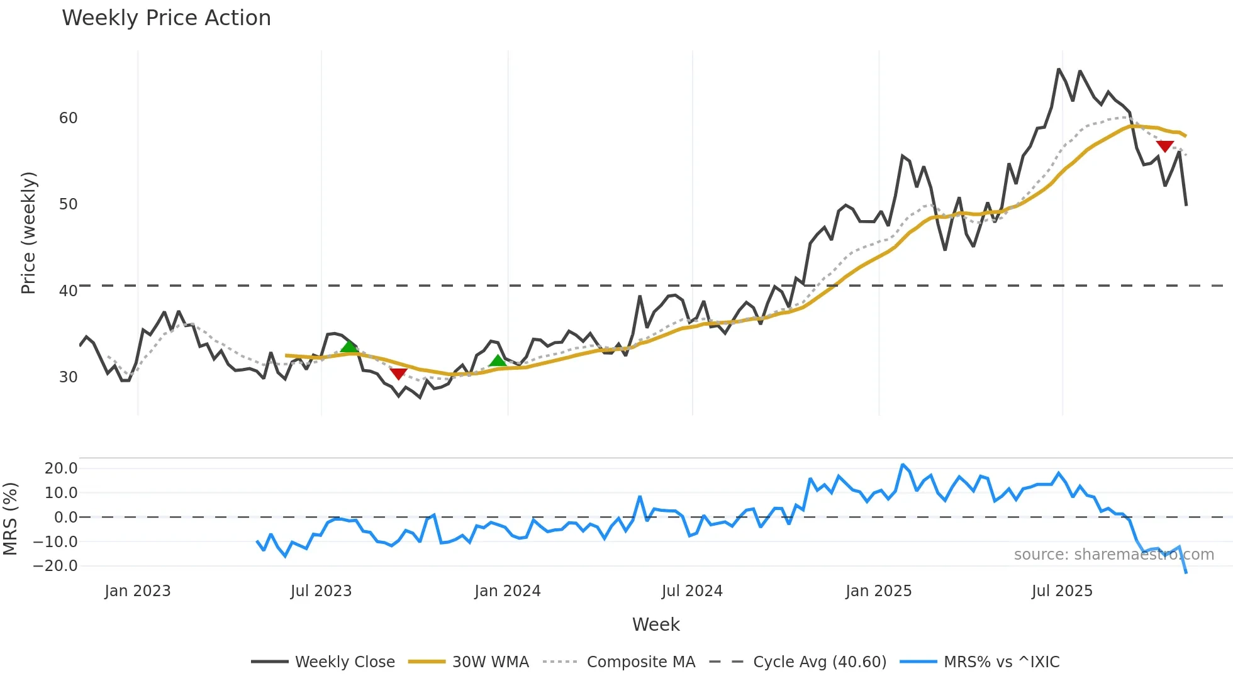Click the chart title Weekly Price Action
point(166,18)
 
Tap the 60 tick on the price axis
point(68,118)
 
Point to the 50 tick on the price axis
point(68,204)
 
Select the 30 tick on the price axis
point(68,377)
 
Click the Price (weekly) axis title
point(28,233)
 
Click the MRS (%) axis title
point(10,519)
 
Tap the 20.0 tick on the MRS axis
point(61,468)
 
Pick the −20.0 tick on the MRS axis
point(55,566)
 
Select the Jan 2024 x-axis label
point(508,591)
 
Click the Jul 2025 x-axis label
point(1062,591)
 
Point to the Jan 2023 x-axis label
point(138,591)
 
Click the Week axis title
point(656,624)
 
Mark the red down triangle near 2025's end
point(1165,147)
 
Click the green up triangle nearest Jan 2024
point(498,361)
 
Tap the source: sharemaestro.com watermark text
point(1113,555)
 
